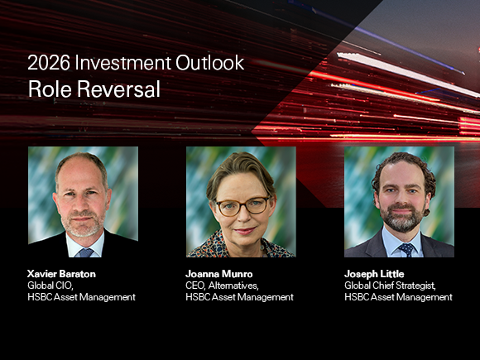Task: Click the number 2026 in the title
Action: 49,63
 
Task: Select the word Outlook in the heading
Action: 209,63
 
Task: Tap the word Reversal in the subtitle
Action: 118,89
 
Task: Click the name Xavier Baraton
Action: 61,274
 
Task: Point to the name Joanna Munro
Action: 219,274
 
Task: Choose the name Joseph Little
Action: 374,274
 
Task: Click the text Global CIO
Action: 50,286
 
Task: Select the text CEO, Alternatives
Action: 222,286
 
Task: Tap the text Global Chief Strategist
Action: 390,286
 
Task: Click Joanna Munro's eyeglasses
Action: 243,206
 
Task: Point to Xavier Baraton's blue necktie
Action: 85,252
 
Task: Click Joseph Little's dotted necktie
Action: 406,249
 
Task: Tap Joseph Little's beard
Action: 401,218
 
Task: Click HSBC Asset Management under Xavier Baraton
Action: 81,297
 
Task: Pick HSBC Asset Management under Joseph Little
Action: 398,297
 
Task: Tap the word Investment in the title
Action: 122,63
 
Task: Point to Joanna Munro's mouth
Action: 245,231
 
